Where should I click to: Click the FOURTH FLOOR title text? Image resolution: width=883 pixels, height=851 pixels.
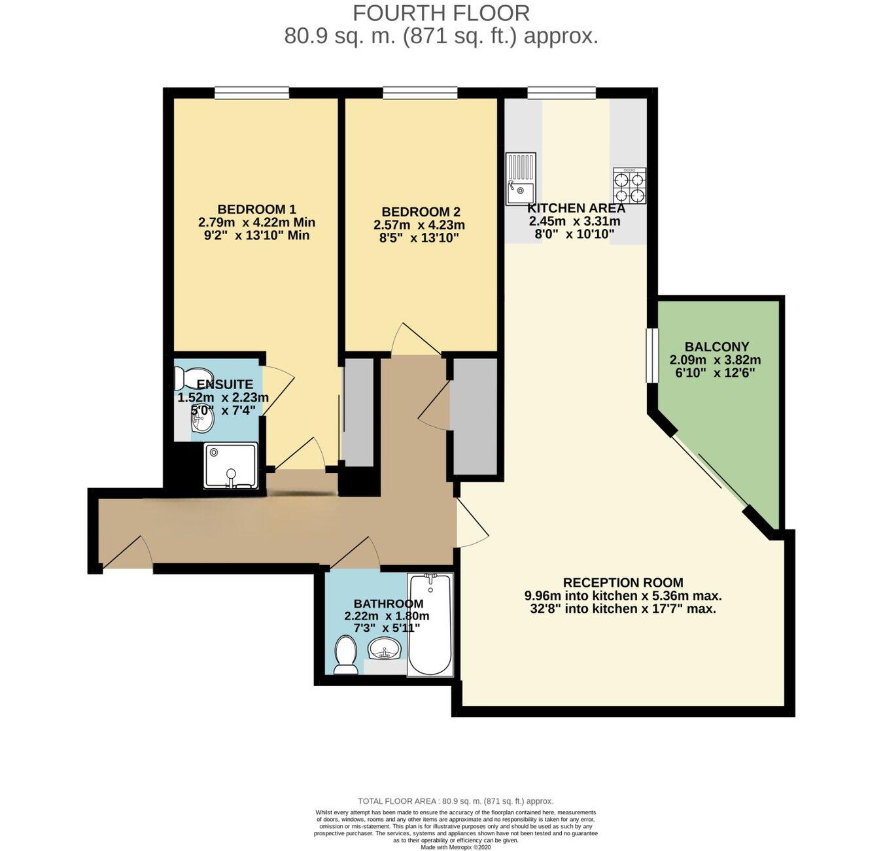441,12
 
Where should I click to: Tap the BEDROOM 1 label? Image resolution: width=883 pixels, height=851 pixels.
256,209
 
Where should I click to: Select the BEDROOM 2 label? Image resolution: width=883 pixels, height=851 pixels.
421,212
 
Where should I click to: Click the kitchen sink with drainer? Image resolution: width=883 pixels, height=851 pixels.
521,179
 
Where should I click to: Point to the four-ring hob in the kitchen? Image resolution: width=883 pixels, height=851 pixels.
629,186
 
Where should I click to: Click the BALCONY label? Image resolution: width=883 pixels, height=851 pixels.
716,347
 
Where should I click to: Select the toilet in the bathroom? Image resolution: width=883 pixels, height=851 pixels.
345,655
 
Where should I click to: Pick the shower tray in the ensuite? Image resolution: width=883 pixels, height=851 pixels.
231,466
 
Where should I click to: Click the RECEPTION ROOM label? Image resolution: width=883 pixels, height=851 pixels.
623,582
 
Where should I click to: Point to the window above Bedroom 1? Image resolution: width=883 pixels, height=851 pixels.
252,93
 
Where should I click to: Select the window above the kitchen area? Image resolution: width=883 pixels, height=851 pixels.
562,93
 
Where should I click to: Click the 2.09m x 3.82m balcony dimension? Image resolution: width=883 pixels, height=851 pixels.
715,360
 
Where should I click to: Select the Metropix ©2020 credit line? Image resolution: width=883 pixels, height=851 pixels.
456,847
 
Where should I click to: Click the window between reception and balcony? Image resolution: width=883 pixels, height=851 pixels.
651,355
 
